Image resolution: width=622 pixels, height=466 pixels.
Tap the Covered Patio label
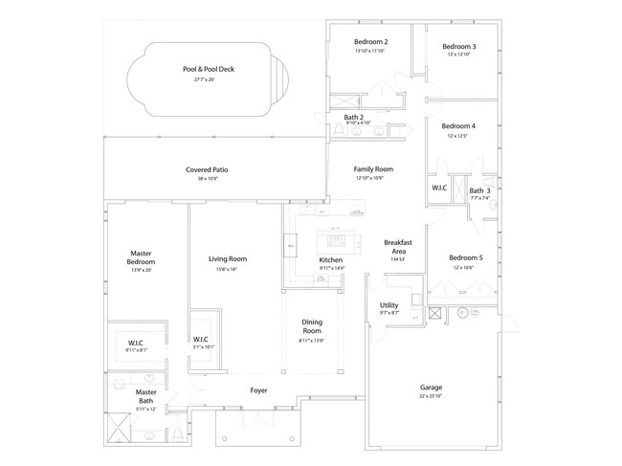point(207,169)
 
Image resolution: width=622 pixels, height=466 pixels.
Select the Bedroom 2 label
point(370,42)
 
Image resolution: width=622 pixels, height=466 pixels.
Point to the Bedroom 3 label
point(458,46)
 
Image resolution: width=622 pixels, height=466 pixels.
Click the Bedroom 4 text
point(458,126)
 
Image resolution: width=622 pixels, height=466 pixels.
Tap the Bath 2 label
point(353,117)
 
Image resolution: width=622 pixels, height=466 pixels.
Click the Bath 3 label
point(479,190)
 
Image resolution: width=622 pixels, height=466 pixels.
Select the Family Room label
point(373,168)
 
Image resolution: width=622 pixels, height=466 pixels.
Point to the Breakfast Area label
point(397,247)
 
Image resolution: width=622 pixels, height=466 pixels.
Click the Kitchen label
point(330,260)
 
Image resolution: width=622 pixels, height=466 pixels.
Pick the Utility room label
point(389,305)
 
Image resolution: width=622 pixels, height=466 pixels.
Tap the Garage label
point(431,388)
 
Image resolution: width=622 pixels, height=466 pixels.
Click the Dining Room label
point(312,326)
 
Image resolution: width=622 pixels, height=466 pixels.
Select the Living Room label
point(228,258)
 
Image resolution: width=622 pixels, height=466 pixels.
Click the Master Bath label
point(145,396)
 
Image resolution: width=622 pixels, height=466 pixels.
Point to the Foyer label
point(258,390)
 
